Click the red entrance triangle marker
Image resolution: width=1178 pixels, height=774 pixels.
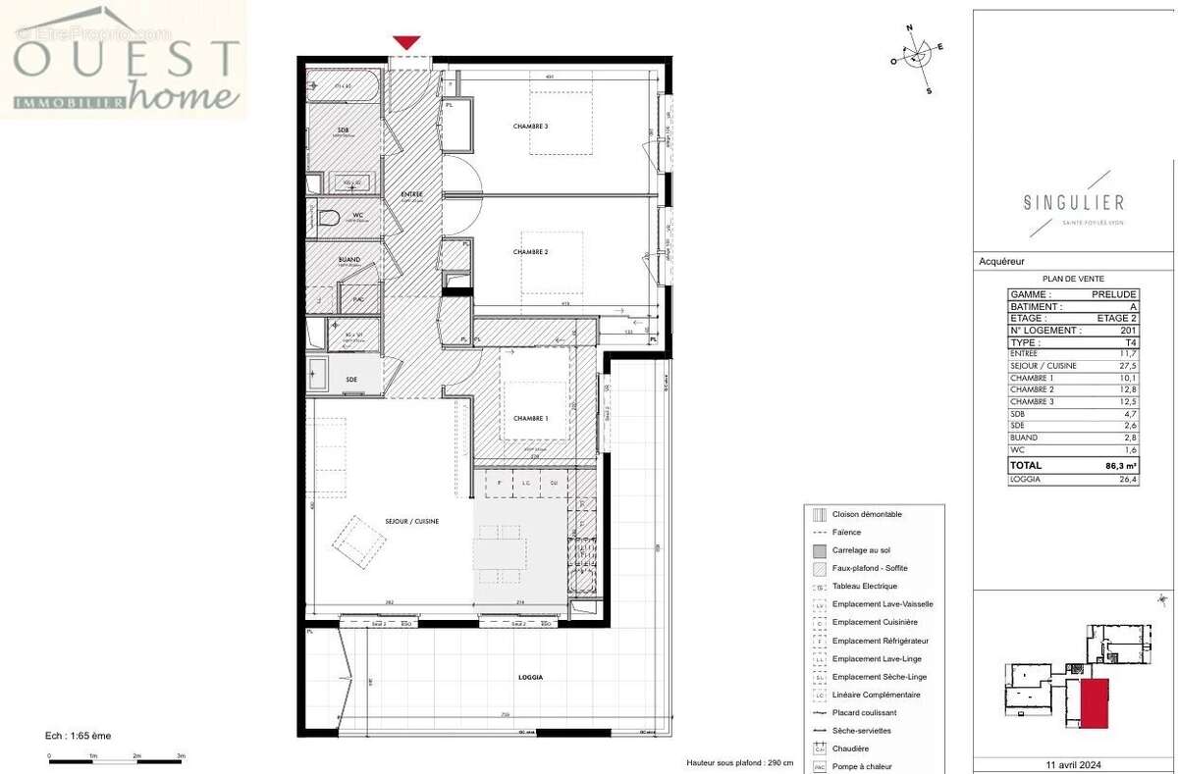[406, 42]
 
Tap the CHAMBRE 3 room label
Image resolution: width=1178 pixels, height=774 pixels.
[530, 127]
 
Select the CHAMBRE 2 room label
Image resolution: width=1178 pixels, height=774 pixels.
[530, 252]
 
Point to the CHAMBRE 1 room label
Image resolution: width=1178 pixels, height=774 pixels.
[530, 418]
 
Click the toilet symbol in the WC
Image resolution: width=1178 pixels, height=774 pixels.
[328, 218]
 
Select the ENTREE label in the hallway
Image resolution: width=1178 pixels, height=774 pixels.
[411, 194]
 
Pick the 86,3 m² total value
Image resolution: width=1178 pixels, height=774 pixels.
[1117, 466]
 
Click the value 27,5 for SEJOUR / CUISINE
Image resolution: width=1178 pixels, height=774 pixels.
[1127, 365]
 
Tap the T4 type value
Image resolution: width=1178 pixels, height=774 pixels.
[1131, 342]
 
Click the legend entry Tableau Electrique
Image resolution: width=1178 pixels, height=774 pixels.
[864, 587]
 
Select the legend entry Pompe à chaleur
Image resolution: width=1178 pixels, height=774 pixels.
[863, 766]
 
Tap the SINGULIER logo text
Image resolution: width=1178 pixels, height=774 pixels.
[1073, 203]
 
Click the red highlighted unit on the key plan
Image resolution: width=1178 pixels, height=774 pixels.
[1094, 702]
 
